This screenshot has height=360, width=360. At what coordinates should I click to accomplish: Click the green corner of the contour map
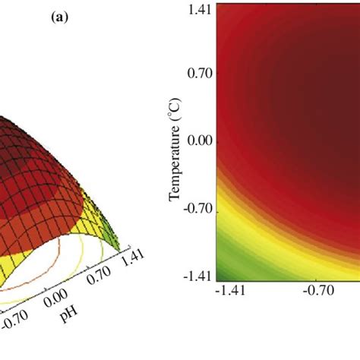point(226,270)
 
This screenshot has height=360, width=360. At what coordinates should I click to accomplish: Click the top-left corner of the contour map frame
point(217,3)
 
